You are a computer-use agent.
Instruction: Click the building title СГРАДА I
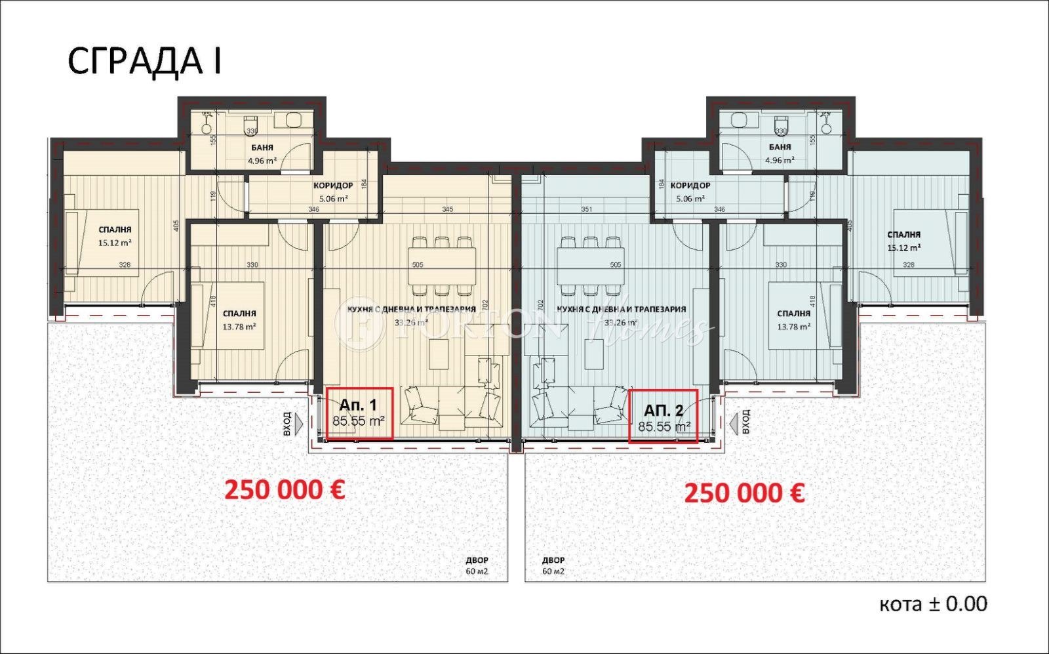pos(144,62)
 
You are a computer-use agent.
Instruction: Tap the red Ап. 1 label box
pos(359,413)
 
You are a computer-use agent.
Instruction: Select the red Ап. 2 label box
pos(663,416)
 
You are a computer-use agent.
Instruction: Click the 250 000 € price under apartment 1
pos(285,489)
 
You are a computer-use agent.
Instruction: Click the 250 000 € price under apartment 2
pos(744,493)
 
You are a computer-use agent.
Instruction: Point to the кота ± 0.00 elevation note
pos(932,604)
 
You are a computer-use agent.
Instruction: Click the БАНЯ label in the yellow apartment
pos(262,148)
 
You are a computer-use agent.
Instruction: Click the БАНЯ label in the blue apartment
pos(780,147)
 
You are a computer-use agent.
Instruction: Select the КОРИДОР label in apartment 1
pos(333,186)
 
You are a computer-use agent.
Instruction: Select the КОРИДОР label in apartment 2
pos(690,186)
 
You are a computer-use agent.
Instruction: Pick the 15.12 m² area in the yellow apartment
pos(115,242)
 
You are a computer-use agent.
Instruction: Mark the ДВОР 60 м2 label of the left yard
pos(477,565)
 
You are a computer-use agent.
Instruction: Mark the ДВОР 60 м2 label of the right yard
pos(553,565)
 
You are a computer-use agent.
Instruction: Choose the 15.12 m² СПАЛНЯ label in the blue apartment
pos(903,234)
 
